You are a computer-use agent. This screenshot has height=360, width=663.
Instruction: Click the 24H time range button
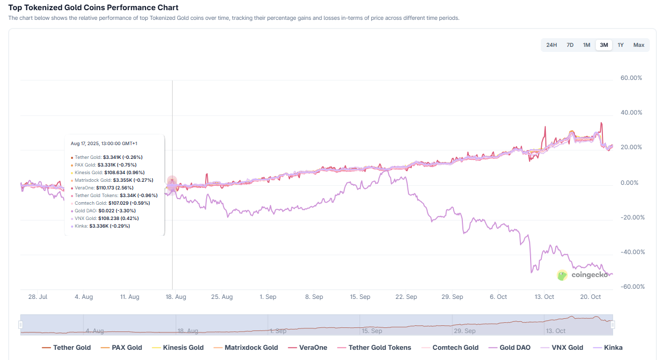(551, 45)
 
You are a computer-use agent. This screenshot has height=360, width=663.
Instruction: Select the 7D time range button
(570, 45)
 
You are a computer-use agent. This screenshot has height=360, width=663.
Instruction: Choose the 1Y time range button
(620, 45)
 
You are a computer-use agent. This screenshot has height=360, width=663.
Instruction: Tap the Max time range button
(639, 45)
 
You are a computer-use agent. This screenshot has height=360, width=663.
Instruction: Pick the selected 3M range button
(603, 45)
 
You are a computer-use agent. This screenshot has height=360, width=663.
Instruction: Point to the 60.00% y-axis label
(631, 78)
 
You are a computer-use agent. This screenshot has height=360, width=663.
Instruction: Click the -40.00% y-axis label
(631, 252)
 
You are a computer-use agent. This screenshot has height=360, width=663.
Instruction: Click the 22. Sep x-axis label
(406, 297)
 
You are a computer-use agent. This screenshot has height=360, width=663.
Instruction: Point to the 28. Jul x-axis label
(38, 297)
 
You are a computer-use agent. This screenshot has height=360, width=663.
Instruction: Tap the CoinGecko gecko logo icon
(562, 275)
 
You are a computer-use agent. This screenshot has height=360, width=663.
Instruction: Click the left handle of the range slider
(21, 324)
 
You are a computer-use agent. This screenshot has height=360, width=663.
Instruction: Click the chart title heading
(93, 8)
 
